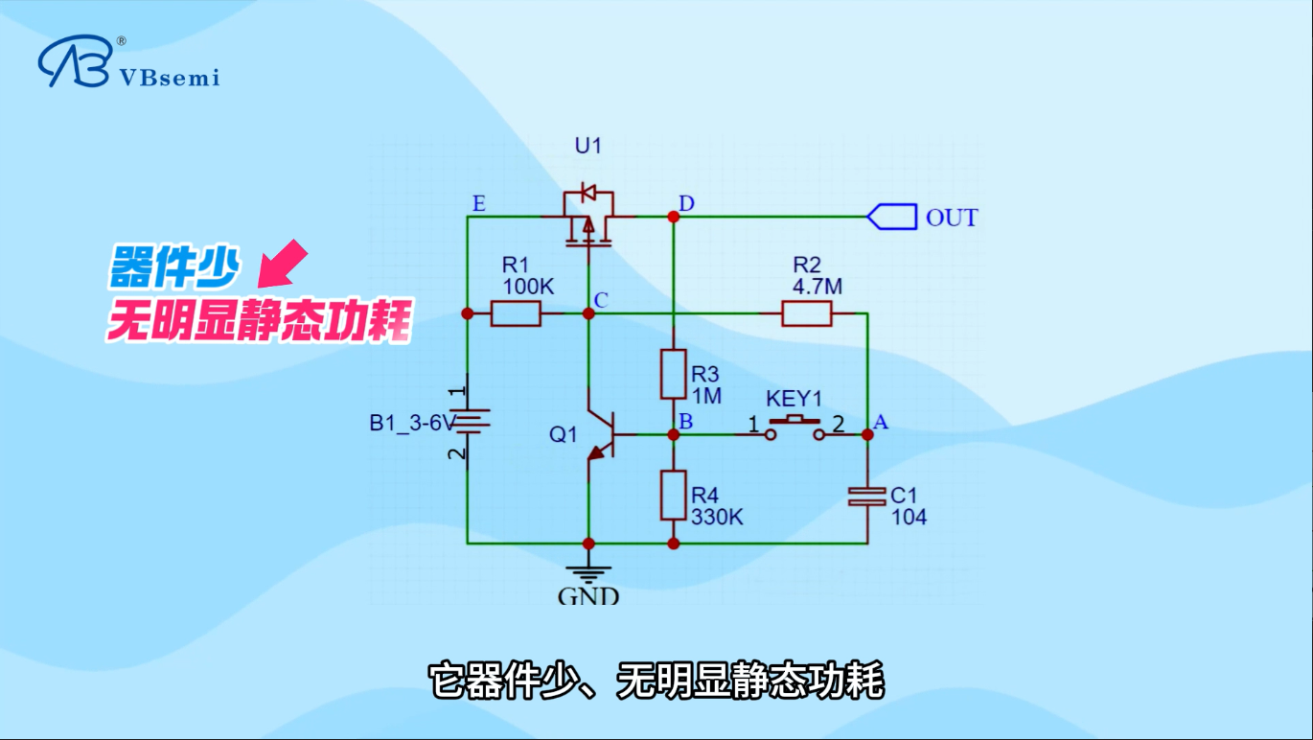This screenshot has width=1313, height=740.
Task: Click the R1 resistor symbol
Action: click(x=516, y=313)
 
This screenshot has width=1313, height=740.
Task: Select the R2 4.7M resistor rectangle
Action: click(x=806, y=313)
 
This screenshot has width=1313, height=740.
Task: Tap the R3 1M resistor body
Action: click(x=674, y=375)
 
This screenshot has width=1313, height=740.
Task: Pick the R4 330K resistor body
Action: click(x=674, y=496)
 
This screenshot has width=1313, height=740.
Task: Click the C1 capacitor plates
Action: click(x=867, y=497)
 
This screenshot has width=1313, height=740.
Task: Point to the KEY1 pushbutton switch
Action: click(x=795, y=428)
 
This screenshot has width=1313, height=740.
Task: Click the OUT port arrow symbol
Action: click(x=891, y=217)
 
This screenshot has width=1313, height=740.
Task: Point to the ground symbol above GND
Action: click(x=588, y=574)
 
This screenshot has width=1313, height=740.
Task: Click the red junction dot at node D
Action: click(x=674, y=217)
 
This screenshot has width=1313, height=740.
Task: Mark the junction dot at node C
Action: click(x=588, y=313)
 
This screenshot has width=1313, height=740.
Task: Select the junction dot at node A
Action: click(x=867, y=434)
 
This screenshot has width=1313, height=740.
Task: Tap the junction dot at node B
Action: click(x=674, y=434)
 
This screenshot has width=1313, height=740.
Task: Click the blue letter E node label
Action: click(x=479, y=203)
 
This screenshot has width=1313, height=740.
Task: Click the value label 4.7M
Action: click(x=818, y=287)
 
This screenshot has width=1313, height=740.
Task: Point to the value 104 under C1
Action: click(x=910, y=518)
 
